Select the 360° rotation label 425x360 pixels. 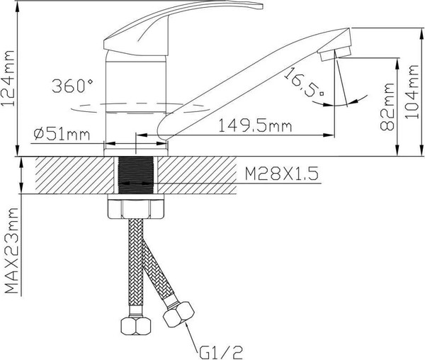pos(72,86)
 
